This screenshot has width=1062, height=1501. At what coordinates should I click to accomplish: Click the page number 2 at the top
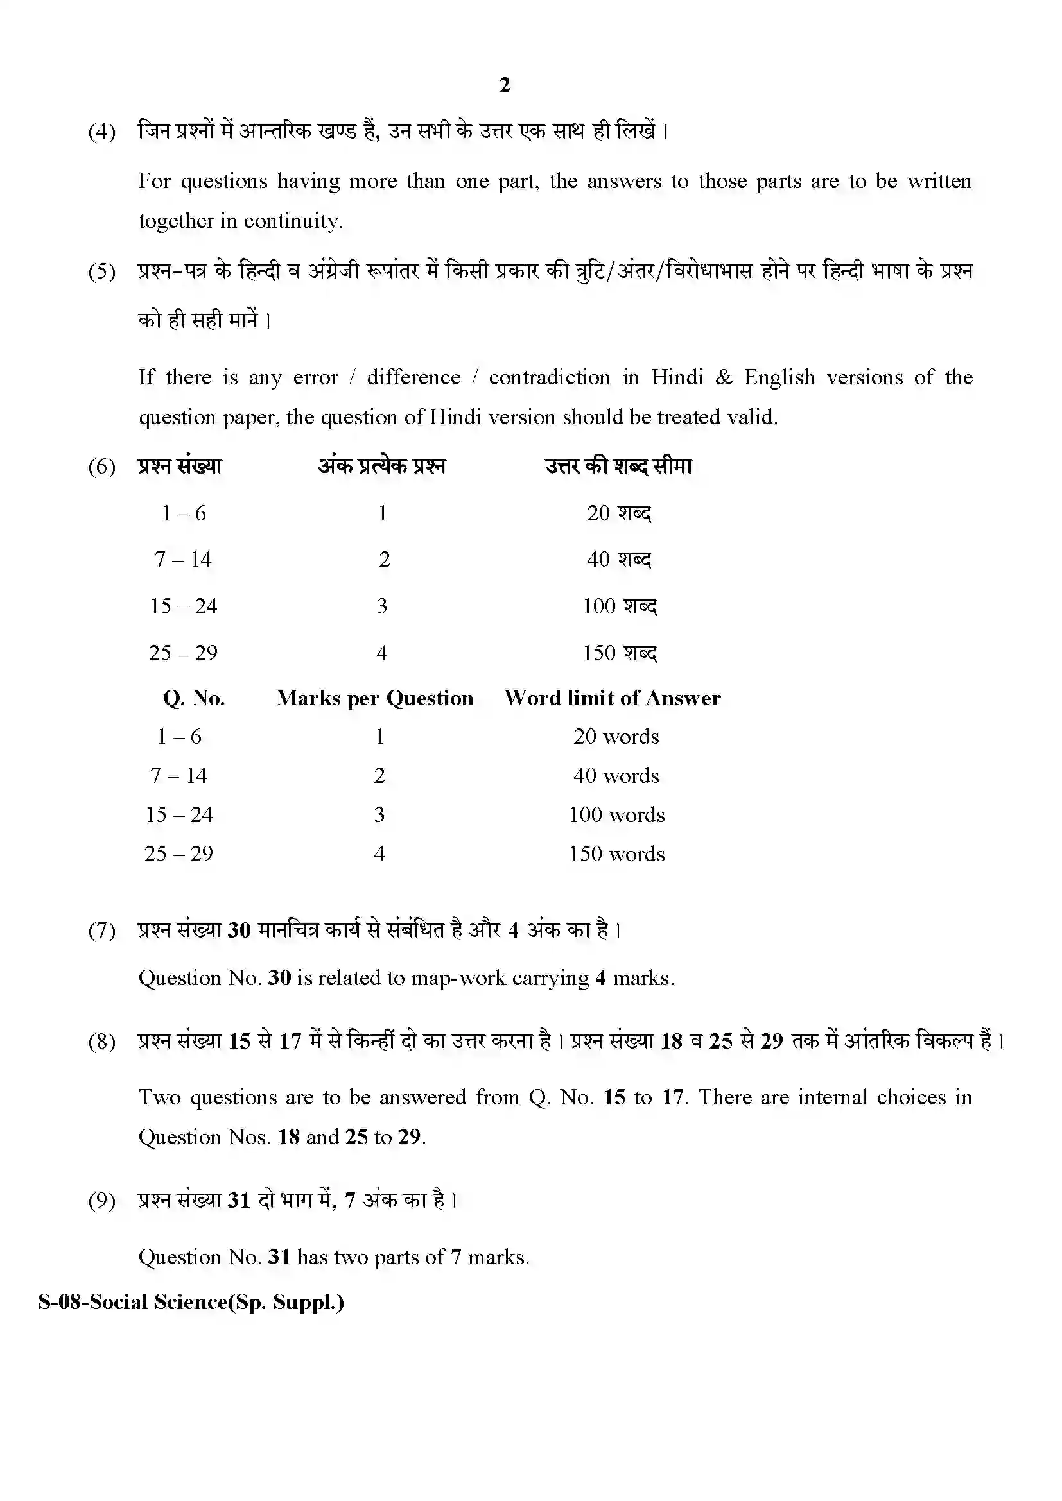click(504, 85)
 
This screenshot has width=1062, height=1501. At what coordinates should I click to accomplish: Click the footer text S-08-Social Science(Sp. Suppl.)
click(191, 1301)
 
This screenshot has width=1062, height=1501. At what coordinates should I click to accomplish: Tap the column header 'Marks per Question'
click(374, 698)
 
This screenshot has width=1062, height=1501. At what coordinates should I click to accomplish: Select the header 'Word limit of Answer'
click(612, 698)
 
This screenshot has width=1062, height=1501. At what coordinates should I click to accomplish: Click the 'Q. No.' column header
click(193, 698)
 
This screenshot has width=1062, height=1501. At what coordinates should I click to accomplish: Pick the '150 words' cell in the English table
click(616, 853)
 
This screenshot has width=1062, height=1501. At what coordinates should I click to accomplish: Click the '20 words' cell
click(616, 737)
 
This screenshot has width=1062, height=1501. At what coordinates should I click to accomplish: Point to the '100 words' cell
click(616, 814)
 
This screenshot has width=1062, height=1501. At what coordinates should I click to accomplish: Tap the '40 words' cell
click(616, 776)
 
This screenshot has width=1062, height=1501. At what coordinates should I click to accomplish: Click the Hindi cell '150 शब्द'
click(619, 653)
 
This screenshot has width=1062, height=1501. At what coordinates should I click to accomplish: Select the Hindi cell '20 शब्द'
click(618, 513)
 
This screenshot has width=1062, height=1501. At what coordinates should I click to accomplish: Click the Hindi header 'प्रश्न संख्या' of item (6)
click(180, 466)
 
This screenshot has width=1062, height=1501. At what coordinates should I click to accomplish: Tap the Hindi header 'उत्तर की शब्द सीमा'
click(618, 466)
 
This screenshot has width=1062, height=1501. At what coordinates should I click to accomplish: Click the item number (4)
click(102, 132)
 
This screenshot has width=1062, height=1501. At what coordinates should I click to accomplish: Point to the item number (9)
click(102, 1200)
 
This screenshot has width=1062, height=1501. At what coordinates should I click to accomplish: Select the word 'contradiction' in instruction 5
click(550, 377)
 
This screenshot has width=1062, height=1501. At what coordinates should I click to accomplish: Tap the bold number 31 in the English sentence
click(279, 1257)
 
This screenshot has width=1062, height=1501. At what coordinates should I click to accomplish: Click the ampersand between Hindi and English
click(723, 377)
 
